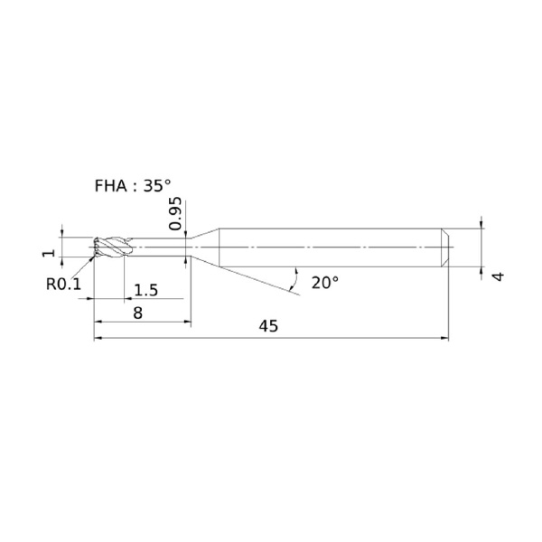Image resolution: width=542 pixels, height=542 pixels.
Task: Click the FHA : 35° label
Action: click(x=133, y=186)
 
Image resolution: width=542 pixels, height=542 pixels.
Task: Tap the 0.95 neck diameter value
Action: click(x=175, y=213)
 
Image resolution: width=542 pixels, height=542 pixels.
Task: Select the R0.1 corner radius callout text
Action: click(x=63, y=285)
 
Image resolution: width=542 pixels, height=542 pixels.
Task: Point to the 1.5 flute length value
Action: click(x=145, y=290)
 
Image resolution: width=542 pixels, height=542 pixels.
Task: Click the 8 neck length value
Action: click(x=137, y=313)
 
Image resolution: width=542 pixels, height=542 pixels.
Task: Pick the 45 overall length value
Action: click(x=268, y=326)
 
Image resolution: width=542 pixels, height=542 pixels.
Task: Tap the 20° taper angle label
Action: click(x=325, y=283)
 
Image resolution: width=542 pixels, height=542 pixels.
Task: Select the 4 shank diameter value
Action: click(x=498, y=276)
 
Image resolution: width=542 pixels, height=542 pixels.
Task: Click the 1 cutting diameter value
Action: click(x=49, y=253)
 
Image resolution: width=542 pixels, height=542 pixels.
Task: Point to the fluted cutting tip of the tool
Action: click(x=111, y=248)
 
